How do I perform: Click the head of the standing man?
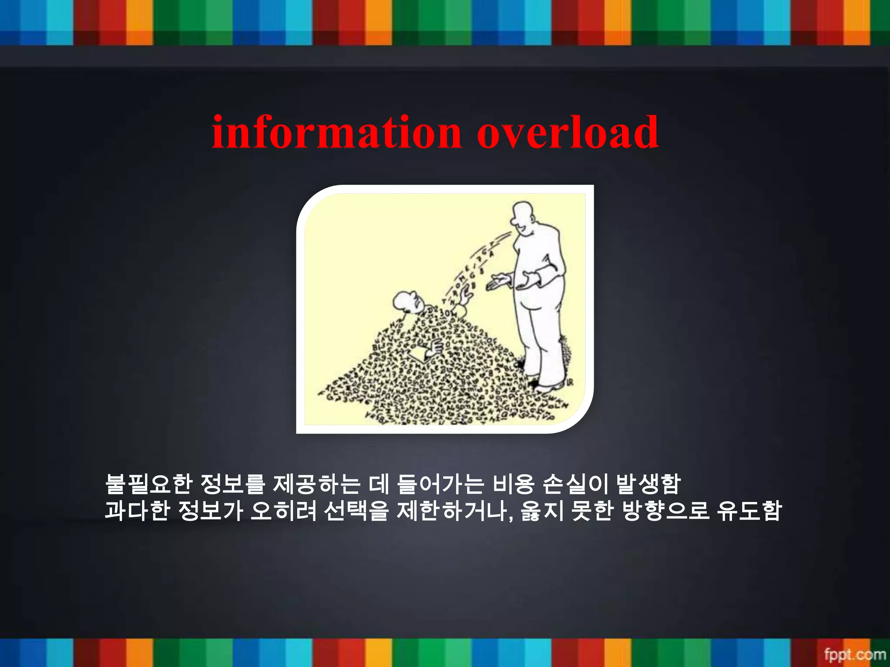525,217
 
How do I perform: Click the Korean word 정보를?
232,484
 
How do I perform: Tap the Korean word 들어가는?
440,484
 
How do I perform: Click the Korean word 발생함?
648,484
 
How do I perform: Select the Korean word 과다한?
137,511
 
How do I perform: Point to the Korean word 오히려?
283,511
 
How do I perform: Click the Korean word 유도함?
749,511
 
